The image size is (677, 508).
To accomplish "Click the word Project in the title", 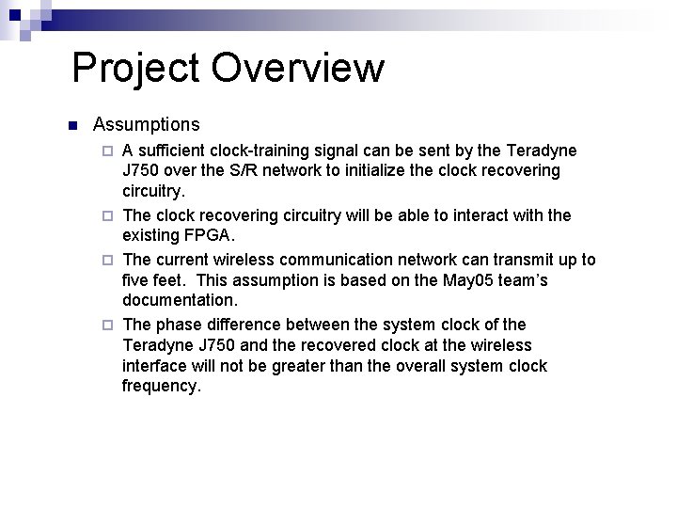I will click(x=134, y=69).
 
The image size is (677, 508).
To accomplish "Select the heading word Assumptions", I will click(x=146, y=124).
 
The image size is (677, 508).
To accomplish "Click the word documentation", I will click(x=181, y=301).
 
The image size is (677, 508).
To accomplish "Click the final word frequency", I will click(x=161, y=386).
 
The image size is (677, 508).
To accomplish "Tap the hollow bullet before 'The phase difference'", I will click(x=107, y=325).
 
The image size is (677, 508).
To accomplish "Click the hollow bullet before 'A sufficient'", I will click(x=107, y=151).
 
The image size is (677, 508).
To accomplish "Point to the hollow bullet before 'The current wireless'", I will click(x=107, y=260).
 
